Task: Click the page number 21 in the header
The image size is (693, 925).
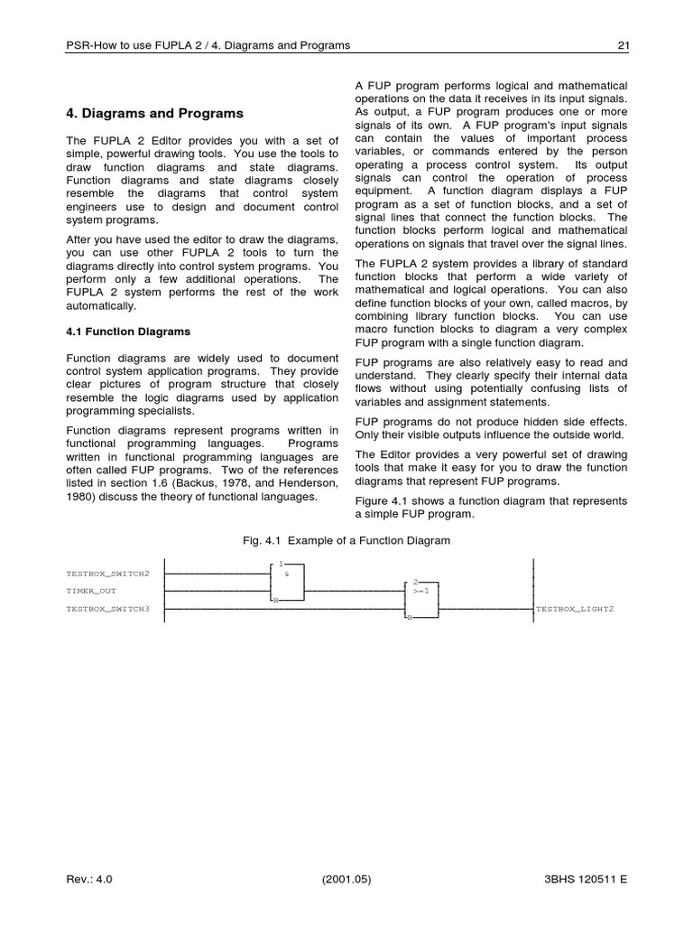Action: pos(621,45)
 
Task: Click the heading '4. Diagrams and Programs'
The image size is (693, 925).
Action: pos(155,114)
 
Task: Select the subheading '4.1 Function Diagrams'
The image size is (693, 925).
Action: pos(128,332)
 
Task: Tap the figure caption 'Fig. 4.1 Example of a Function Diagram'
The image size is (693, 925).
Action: pos(346,540)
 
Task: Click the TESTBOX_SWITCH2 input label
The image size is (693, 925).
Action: pos(108,573)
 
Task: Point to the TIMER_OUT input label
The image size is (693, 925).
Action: pos(91,591)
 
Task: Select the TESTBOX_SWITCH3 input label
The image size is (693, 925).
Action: pos(108,609)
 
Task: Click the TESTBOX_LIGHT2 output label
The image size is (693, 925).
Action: pos(575,609)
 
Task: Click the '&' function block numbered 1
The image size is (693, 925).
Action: pos(288,582)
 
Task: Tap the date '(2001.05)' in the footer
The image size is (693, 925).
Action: pos(346,878)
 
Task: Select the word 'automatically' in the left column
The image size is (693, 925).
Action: pos(101,306)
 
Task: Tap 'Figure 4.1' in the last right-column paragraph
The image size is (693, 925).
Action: pos(383,500)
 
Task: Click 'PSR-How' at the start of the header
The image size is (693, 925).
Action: pos(92,45)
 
